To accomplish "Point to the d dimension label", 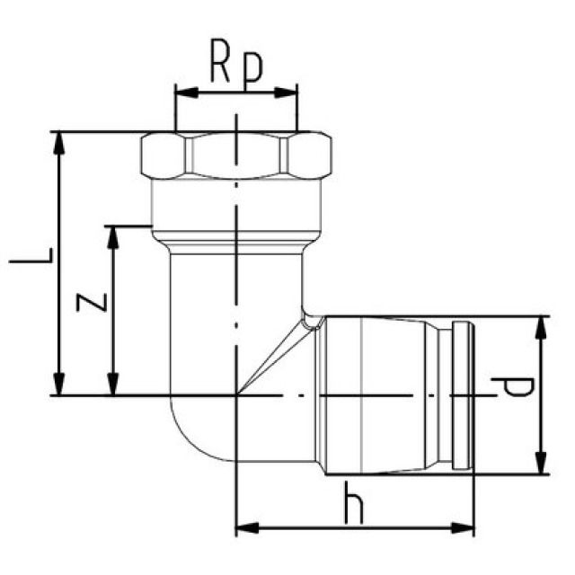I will (x=513, y=388).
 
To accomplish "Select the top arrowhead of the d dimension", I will (x=541, y=323).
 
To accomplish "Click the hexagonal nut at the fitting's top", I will (x=236, y=155).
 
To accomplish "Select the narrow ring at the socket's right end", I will (x=462, y=394).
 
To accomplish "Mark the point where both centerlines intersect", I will (x=236, y=394).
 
